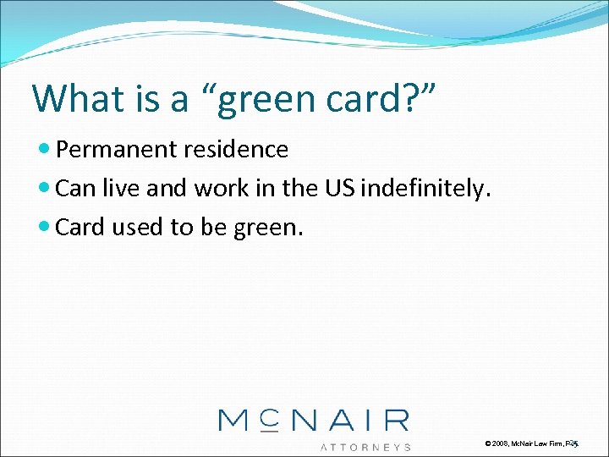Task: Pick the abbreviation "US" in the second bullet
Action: click(339, 189)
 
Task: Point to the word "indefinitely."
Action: click(425, 189)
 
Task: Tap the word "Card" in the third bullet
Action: click(81, 228)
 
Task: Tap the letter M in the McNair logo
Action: click(236, 421)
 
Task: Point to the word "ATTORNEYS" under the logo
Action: click(365, 447)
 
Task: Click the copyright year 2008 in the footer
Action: click(500, 443)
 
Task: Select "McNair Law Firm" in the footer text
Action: click(538, 443)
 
